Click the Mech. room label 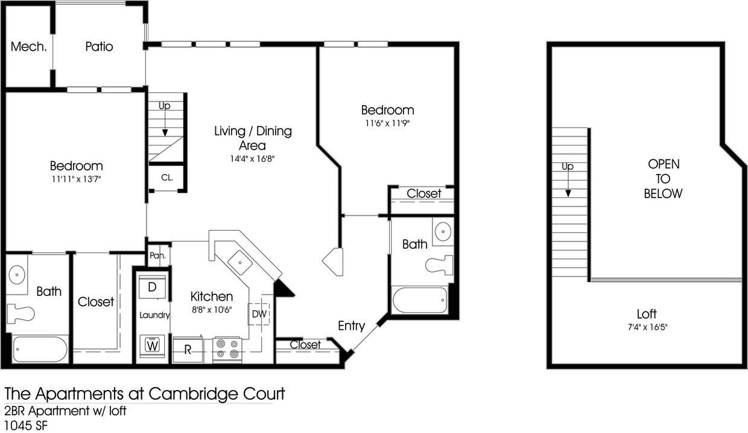pos(29,47)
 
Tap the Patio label pos(99,47)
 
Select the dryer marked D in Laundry pos(153,287)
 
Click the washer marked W pos(153,346)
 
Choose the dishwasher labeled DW pos(259,313)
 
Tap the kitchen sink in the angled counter pos(242,262)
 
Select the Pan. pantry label pos(158,255)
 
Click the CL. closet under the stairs pos(166,178)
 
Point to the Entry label pos(351,326)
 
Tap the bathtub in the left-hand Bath pos(40,350)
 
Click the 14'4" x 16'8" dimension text pos(248,159)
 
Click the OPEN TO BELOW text pos(663,179)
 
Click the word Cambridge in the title pos(191,394)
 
